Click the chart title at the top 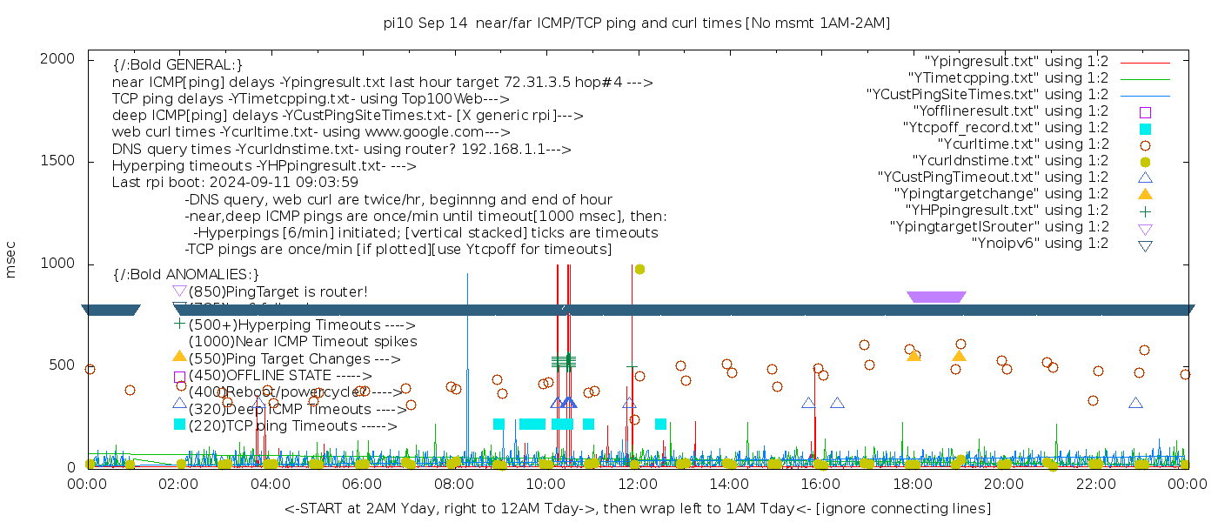(636, 23)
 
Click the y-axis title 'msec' (11, 260)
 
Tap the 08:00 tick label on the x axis (453, 484)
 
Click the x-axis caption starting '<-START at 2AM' (637, 508)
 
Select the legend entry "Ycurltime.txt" (1022, 144)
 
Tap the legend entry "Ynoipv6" (1040, 244)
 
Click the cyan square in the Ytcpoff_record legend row (1145, 129)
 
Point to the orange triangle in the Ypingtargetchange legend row (1145, 194)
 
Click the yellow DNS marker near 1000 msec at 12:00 (639, 269)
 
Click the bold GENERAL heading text (177, 65)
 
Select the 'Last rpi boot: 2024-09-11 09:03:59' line (235, 183)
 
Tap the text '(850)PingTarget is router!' (278, 291)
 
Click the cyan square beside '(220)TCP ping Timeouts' (179, 425)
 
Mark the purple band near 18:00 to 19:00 (936, 297)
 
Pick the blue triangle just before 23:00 (1135, 403)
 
